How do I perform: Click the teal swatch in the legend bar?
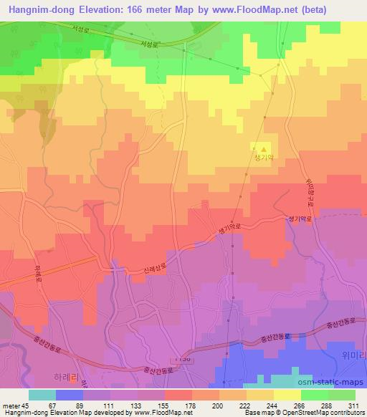[x=42, y=395]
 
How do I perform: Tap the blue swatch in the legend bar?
[x=69, y=395]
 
